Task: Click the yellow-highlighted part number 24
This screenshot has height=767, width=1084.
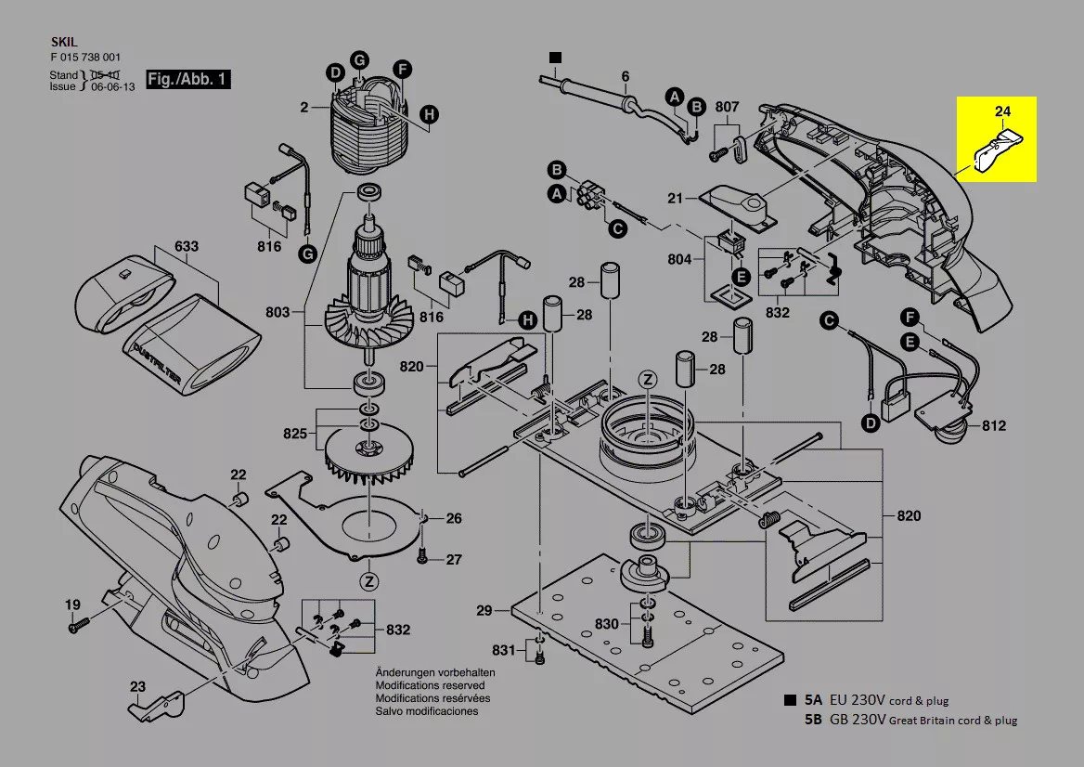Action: pos(1002,112)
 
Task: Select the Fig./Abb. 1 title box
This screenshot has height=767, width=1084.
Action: pos(188,79)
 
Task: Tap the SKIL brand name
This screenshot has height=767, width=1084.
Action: pos(62,43)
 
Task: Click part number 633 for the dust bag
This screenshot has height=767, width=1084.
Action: pos(187,248)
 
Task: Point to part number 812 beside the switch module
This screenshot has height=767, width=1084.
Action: pos(994,426)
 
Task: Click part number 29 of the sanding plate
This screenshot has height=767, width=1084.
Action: pos(484,610)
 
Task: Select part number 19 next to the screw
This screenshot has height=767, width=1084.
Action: pos(72,605)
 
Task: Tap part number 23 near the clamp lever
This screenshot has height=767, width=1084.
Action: pos(137,687)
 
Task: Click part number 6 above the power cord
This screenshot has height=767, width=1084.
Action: pos(625,76)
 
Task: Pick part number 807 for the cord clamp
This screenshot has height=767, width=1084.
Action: pos(727,107)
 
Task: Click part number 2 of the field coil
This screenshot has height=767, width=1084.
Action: pos(303,108)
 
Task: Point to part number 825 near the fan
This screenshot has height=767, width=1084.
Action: pos(294,434)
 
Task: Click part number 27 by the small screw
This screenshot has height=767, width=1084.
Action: pos(453,560)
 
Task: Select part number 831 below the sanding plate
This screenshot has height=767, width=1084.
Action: pos(503,649)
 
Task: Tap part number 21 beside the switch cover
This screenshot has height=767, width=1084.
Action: pos(675,199)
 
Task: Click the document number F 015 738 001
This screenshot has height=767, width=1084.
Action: pos(85,57)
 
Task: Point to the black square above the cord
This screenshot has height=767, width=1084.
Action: pos(555,58)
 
